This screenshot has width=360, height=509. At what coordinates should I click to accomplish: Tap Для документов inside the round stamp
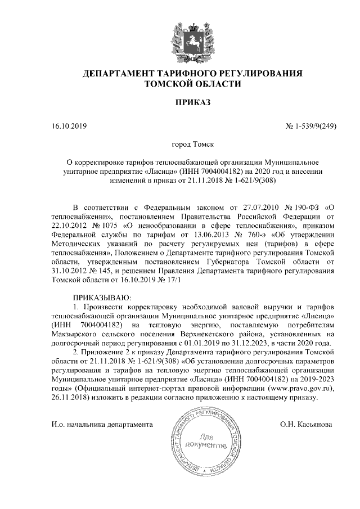coord(208,442)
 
